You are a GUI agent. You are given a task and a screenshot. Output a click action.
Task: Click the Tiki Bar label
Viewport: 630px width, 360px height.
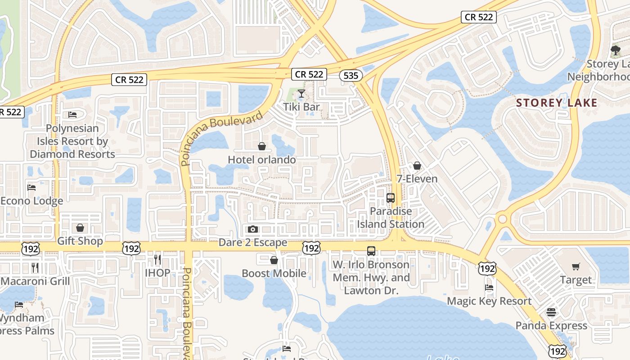[x=301, y=107]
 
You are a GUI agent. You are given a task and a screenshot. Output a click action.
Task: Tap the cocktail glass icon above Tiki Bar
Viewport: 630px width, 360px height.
[x=301, y=94]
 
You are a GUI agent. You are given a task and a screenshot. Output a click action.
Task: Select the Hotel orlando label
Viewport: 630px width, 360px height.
[x=262, y=160]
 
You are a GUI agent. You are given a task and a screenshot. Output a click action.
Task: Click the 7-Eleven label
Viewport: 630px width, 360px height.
[x=417, y=179]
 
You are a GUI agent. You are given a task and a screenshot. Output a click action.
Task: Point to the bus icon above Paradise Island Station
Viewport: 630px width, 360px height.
[x=391, y=198]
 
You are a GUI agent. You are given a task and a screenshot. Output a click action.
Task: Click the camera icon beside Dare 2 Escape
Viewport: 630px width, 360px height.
[x=253, y=229]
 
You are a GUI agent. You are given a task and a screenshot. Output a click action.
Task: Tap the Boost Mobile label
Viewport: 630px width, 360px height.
[x=274, y=274]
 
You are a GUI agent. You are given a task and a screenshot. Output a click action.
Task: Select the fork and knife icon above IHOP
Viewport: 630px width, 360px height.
[x=157, y=260]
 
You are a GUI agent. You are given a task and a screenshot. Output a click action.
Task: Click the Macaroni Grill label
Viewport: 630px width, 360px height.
[x=35, y=281]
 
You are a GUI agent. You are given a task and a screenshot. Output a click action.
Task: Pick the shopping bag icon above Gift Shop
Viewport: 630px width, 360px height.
[x=80, y=228]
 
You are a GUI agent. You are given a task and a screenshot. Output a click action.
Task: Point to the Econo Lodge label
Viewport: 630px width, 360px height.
[x=31, y=201]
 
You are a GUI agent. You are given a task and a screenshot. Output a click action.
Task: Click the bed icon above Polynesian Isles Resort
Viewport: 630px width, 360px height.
[x=72, y=115]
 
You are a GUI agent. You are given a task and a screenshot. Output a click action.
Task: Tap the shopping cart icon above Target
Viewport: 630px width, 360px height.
[x=576, y=267]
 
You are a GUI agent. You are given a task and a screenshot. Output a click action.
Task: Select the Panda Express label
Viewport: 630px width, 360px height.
[x=551, y=325]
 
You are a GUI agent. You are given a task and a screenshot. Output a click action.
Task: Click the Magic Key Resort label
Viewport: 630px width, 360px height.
[x=489, y=301]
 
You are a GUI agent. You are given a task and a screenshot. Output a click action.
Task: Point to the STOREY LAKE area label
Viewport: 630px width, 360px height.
[x=557, y=103]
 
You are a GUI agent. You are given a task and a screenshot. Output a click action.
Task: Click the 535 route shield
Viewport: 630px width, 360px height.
[x=351, y=76]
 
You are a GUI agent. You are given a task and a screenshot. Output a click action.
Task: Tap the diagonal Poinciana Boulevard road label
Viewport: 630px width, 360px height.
[x=221, y=139]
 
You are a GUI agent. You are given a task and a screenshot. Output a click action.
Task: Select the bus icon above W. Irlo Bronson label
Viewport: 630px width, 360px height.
[x=371, y=251]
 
